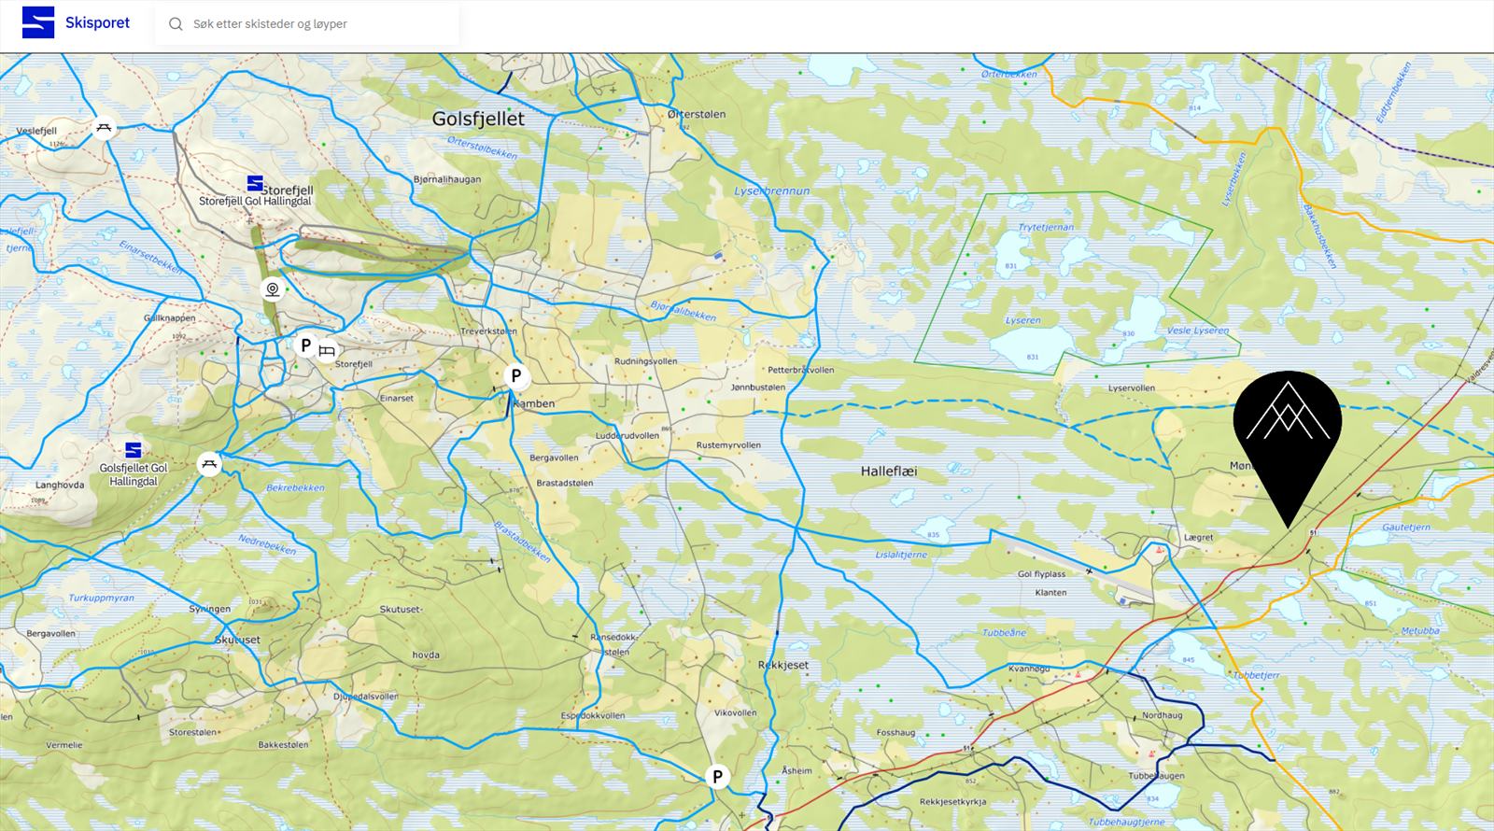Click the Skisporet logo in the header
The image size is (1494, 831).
(x=75, y=22)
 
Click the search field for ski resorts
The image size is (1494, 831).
(x=308, y=24)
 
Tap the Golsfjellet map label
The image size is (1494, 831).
(x=478, y=119)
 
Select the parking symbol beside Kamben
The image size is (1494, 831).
(x=515, y=375)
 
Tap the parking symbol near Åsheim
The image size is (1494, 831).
(x=717, y=776)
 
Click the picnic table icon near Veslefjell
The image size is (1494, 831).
(x=104, y=128)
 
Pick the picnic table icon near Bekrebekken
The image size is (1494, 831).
(x=209, y=463)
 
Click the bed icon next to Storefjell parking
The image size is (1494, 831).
(x=327, y=351)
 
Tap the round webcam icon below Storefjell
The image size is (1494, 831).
(x=272, y=289)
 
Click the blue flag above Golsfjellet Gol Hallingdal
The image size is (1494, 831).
(x=134, y=450)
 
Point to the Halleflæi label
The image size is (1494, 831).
(x=888, y=472)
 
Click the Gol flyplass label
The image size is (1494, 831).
(x=1041, y=574)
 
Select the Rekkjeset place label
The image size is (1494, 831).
(x=782, y=665)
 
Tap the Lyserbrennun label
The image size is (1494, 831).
(x=771, y=190)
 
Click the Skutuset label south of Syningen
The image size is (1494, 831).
(x=237, y=640)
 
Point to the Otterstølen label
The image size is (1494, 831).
(x=697, y=114)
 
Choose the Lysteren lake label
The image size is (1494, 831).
(x=1022, y=320)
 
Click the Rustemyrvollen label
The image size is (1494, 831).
(x=728, y=445)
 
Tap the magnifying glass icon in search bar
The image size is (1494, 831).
(x=176, y=24)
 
